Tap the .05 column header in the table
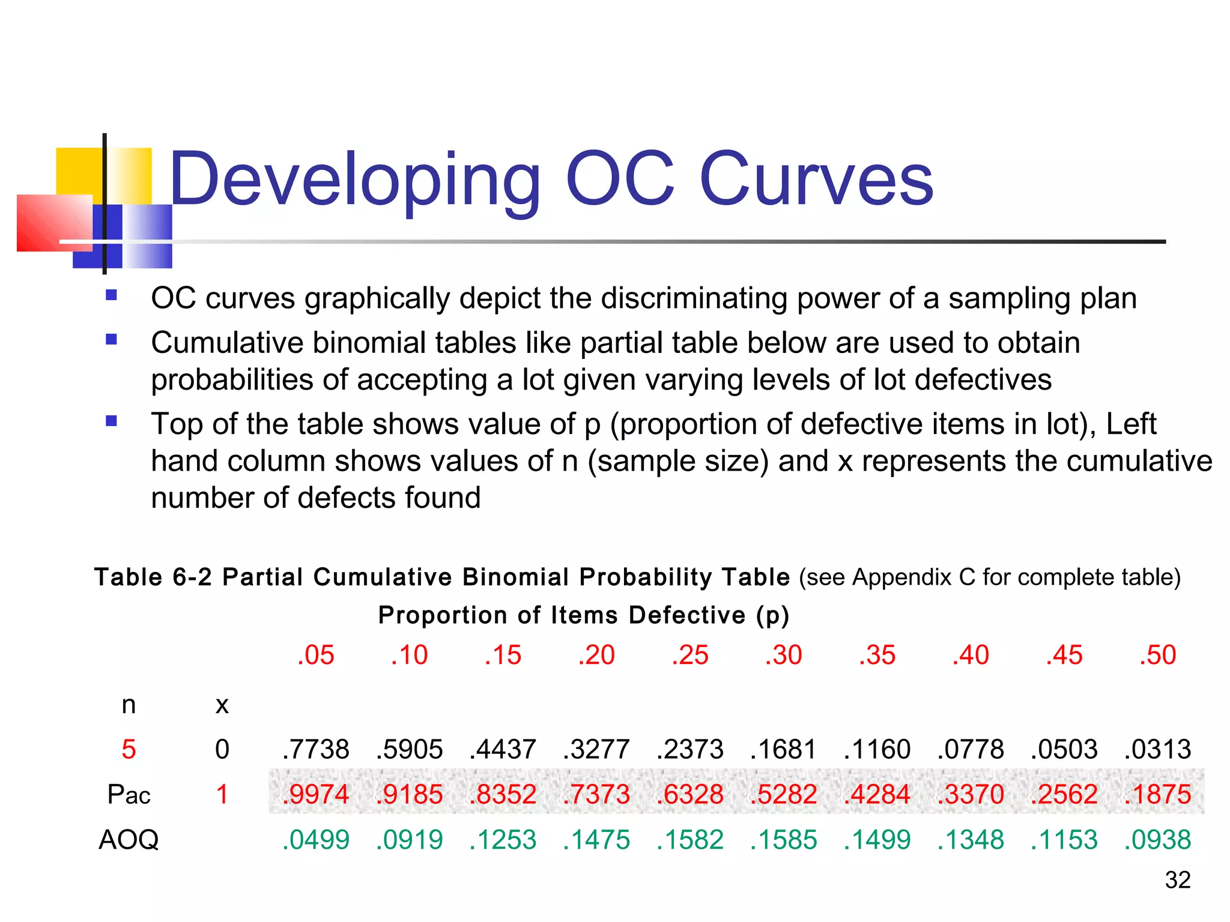tap(316, 655)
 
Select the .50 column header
tap(1157, 655)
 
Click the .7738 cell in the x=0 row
tap(316, 749)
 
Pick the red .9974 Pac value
tap(316, 794)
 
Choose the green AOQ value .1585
tap(784, 840)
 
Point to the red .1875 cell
tap(1157, 794)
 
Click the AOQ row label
tap(129, 840)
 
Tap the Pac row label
tap(129, 795)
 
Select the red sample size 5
tap(129, 749)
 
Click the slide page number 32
tap(1177, 880)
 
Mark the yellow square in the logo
tap(78, 170)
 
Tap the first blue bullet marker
tap(111, 295)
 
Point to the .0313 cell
tap(1157, 749)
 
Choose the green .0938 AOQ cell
tap(1157, 840)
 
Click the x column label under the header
tap(222, 705)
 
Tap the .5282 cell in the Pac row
tap(784, 794)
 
